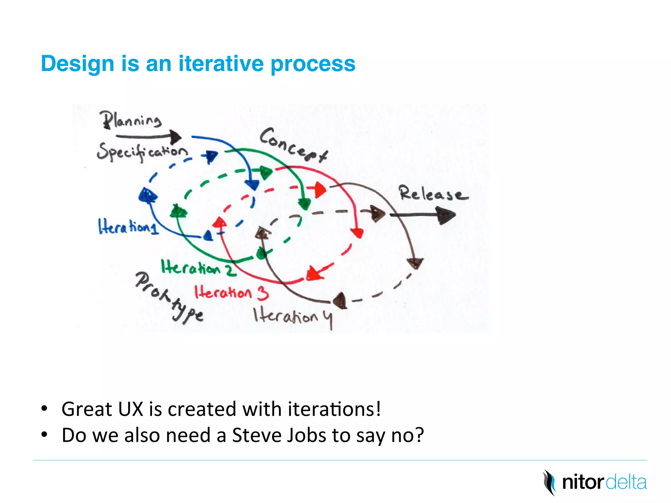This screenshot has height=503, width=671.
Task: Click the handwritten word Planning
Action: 131,120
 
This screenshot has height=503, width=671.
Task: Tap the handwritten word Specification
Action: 142,152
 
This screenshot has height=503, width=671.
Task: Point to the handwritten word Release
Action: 432,194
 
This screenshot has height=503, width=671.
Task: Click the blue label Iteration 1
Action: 128,227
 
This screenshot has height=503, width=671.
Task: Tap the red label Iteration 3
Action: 231,292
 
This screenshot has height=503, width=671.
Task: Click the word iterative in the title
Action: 221,64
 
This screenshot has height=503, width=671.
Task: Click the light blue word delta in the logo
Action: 626,482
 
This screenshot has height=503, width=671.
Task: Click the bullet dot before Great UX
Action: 44,409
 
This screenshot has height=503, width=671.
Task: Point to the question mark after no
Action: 419,435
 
